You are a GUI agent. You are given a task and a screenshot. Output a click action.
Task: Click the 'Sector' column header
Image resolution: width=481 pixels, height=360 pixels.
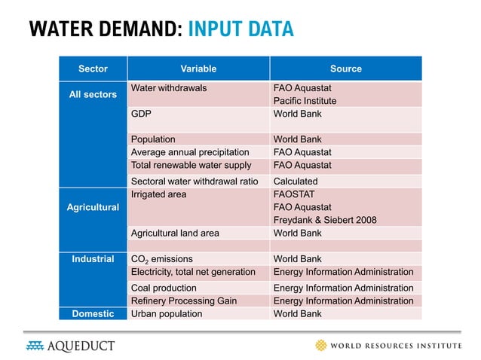(93, 69)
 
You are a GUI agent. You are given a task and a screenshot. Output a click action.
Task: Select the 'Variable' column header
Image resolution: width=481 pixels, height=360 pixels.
(198, 69)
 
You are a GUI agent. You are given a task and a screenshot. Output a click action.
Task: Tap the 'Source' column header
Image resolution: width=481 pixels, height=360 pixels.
(345, 69)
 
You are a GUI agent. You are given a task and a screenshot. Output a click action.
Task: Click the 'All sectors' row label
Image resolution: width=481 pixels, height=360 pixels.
(93, 95)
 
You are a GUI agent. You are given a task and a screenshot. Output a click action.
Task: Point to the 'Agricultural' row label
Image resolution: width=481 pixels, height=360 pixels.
(93, 207)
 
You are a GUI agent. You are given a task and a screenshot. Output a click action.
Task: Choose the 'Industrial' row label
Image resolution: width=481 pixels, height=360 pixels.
(93, 259)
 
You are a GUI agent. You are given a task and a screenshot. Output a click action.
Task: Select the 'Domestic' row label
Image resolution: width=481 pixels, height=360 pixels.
(93, 313)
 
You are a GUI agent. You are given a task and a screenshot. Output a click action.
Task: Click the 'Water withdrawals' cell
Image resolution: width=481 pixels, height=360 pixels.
(169, 88)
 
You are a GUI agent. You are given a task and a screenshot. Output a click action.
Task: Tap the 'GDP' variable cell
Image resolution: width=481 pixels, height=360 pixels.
(140, 114)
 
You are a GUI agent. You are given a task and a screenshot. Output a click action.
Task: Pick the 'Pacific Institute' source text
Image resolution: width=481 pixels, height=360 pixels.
(305, 101)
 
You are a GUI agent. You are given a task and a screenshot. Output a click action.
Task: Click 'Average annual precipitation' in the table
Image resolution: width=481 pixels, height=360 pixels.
(190, 152)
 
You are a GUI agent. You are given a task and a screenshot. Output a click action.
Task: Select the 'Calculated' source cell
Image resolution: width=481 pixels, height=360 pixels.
(295, 182)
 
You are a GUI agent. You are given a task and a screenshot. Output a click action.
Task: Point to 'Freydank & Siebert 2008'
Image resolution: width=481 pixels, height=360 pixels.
(324, 220)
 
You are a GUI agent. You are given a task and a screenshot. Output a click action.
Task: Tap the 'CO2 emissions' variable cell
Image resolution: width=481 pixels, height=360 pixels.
(162, 259)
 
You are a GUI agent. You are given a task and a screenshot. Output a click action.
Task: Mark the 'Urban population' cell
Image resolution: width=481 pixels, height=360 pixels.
(167, 313)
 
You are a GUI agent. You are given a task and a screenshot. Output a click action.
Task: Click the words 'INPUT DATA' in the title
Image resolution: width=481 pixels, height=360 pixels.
(240, 29)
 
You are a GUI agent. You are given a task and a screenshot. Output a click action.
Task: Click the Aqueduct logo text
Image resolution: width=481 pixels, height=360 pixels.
(81, 346)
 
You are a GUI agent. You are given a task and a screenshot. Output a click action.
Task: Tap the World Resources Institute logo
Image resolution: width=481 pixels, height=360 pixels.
(388, 346)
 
